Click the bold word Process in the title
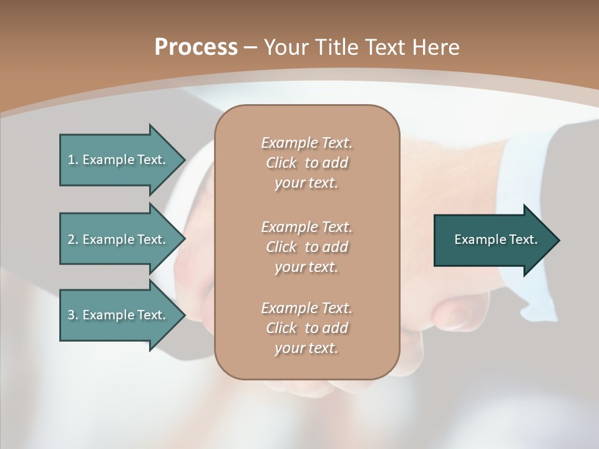point(196,47)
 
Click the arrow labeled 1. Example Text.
point(119,160)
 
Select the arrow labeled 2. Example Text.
point(119,239)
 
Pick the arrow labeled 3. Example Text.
point(119,315)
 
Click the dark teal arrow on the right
point(493,240)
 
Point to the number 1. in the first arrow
point(73,160)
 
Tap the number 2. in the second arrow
point(73,239)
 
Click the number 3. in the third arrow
point(73,315)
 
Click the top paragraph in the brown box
point(306,163)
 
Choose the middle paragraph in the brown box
point(306,247)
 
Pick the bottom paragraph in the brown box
point(306,328)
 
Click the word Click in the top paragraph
point(281,163)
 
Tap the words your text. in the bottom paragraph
point(306,348)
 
